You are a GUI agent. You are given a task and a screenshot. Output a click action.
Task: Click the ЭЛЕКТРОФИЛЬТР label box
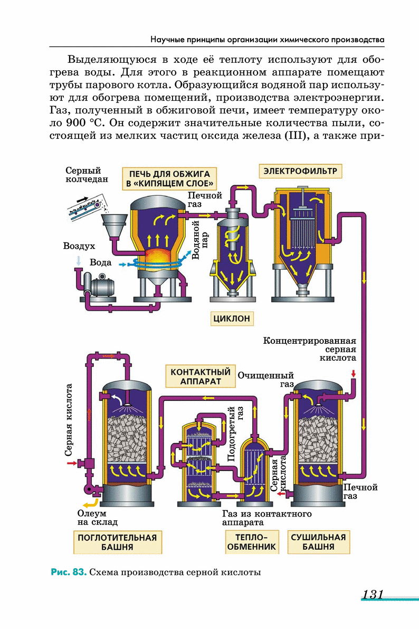point(300,171)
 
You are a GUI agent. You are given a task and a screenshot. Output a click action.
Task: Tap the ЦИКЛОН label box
point(231,318)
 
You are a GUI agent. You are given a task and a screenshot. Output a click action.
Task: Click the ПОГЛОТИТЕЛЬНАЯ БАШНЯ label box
point(117,542)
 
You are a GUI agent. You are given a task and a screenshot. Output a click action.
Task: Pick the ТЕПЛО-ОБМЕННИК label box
point(251,542)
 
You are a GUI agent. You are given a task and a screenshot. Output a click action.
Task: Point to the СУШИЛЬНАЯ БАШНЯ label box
point(318,542)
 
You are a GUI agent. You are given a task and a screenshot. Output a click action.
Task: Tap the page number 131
point(372,594)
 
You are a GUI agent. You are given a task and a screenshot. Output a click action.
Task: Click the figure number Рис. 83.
point(68,572)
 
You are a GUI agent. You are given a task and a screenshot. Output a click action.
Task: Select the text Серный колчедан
point(87,175)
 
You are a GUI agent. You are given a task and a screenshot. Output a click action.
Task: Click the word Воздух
point(79,246)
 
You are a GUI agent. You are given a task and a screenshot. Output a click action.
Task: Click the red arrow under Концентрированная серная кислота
point(353,374)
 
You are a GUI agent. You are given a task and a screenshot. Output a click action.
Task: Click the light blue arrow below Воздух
point(79,260)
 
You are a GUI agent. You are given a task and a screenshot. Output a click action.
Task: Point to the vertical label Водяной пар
point(199,241)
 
